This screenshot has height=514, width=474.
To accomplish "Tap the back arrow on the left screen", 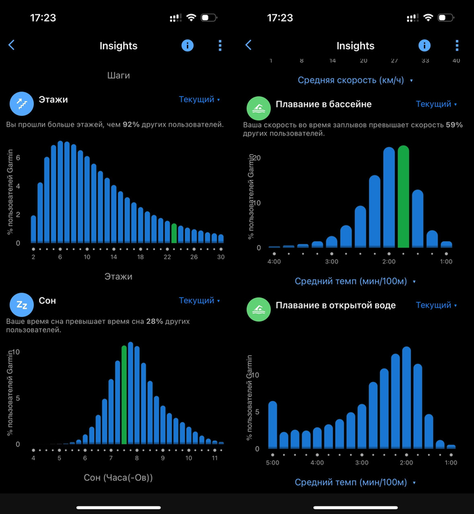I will [12, 45].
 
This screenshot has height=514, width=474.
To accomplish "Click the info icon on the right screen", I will [425, 45].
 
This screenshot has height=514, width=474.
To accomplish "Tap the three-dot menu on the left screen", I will [220, 45].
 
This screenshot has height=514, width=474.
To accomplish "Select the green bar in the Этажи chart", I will [174, 233].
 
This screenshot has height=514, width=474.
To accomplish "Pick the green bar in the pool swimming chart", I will [404, 196].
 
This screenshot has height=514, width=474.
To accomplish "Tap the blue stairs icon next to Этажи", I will [21, 103].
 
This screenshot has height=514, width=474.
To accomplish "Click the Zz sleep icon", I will [21, 304].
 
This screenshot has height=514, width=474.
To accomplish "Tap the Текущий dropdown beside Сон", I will [200, 301].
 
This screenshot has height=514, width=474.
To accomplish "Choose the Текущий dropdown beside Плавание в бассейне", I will [437, 104].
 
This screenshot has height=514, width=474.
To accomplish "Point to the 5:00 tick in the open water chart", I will [272, 463].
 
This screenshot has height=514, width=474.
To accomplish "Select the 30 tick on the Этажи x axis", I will [221, 257].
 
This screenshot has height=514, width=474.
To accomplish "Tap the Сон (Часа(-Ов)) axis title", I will [118, 477].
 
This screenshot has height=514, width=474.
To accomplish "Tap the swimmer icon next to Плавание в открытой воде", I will [258, 309].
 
